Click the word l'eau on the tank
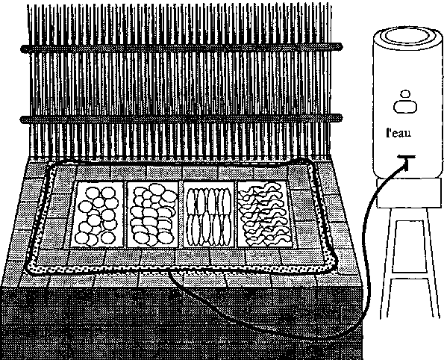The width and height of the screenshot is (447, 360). (x=398, y=133)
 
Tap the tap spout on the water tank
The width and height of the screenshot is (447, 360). (x=407, y=161)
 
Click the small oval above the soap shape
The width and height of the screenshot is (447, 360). (x=405, y=94)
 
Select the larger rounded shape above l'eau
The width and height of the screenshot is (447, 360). (x=405, y=106)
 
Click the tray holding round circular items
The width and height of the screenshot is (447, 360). (x=98, y=215)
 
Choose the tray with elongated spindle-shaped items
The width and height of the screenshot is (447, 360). (x=210, y=214)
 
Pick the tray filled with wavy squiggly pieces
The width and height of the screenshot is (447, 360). (x=265, y=214)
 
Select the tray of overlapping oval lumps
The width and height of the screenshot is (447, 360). (x=153, y=214)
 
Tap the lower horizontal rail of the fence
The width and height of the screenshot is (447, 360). (x=181, y=119)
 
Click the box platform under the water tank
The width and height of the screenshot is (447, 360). (x=410, y=193)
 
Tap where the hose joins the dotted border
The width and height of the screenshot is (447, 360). (x=170, y=271)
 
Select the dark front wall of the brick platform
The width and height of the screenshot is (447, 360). (x=182, y=323)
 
